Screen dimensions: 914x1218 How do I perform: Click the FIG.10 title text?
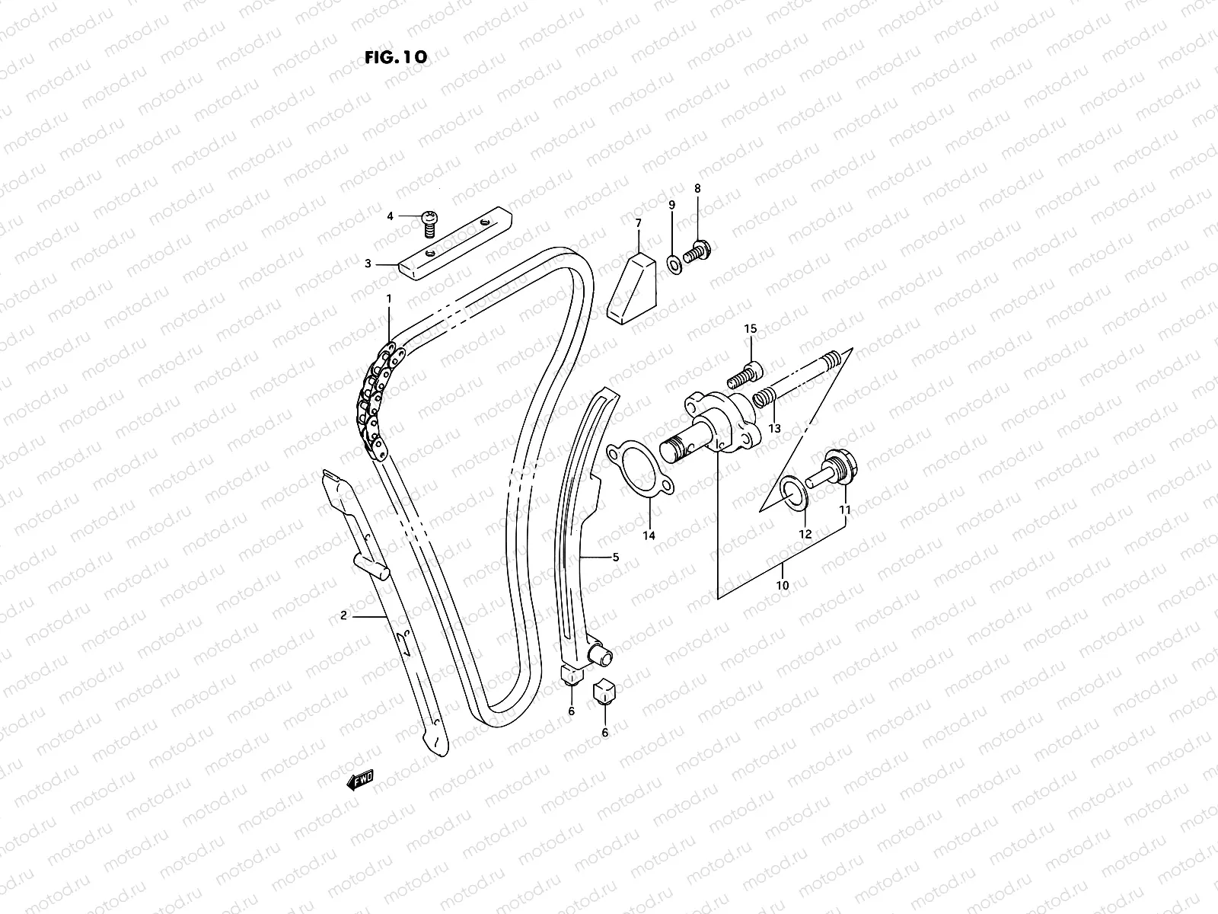pyautogui.click(x=394, y=57)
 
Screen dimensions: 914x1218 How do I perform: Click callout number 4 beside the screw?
pyautogui.click(x=391, y=216)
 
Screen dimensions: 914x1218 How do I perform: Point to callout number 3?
pyautogui.click(x=368, y=264)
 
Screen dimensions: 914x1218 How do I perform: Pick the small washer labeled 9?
pyautogui.click(x=674, y=264)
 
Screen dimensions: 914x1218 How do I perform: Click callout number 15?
pyautogui.click(x=751, y=329)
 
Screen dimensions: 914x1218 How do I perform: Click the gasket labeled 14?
pyautogui.click(x=639, y=473)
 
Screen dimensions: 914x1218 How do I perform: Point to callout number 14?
pyautogui.click(x=649, y=535)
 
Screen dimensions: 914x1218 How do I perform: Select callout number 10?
pyautogui.click(x=783, y=586)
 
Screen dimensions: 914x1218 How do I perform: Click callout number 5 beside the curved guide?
pyautogui.click(x=615, y=558)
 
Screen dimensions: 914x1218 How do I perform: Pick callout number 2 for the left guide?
pyautogui.click(x=344, y=615)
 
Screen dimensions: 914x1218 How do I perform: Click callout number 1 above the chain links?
pyautogui.click(x=388, y=299)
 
